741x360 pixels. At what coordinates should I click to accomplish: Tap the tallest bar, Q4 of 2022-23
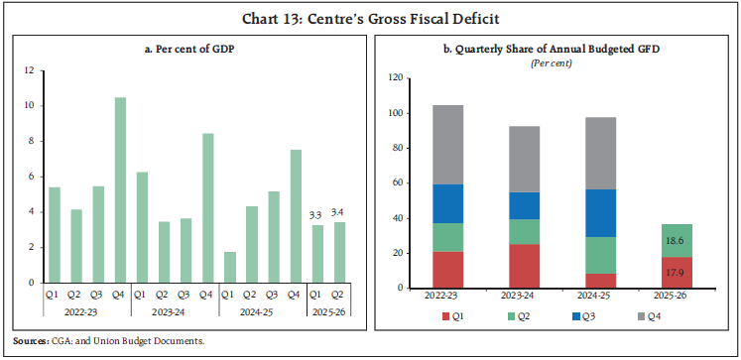pyautogui.click(x=120, y=189)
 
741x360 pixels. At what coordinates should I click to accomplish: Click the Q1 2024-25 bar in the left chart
pyautogui.click(x=229, y=267)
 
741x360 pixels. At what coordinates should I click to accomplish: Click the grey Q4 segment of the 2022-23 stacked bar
pyautogui.click(x=447, y=144)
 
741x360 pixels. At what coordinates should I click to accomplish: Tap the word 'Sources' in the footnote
pyautogui.click(x=30, y=341)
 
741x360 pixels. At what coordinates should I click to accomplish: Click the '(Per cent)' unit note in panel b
pyautogui.click(x=556, y=62)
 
